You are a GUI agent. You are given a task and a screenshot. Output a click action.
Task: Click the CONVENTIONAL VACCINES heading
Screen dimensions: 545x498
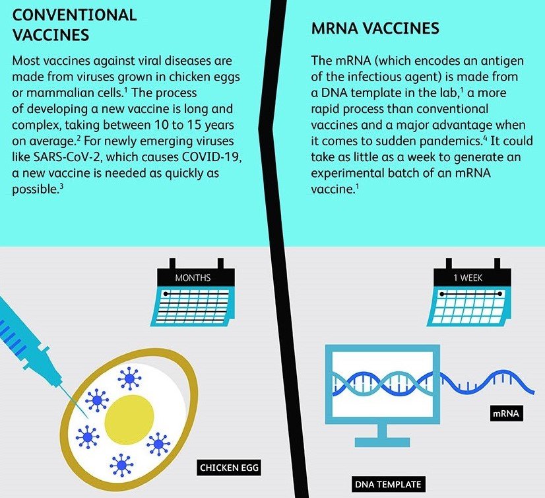coord(75,25)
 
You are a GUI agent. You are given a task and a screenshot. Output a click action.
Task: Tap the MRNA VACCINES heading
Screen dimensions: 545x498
coord(375,28)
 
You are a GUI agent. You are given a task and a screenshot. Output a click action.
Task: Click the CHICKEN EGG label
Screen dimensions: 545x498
coord(230,468)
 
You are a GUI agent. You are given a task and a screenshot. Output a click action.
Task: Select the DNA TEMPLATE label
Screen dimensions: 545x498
coord(388,484)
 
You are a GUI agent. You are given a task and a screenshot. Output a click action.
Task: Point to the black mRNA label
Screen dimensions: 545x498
coord(506,413)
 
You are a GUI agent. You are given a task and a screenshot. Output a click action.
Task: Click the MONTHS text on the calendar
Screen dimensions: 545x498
coord(193,277)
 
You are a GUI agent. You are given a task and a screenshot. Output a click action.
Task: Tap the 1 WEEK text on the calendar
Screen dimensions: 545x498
coord(468,277)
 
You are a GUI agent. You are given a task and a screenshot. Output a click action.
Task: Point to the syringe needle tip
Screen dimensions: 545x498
coord(87,417)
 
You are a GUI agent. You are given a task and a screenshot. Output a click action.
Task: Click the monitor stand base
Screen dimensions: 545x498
coord(382,443)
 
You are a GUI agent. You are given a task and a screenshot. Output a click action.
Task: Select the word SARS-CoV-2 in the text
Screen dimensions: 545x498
coord(56,157)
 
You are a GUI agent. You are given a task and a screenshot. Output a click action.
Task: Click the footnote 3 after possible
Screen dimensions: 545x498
coord(61,186)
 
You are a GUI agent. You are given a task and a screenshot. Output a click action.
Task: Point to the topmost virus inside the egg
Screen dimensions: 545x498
coord(129,378)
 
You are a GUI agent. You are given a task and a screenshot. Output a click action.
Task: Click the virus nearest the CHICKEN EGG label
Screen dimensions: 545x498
coord(158,444)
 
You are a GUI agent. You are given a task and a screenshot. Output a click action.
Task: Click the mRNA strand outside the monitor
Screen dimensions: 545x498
coord(487,383)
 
